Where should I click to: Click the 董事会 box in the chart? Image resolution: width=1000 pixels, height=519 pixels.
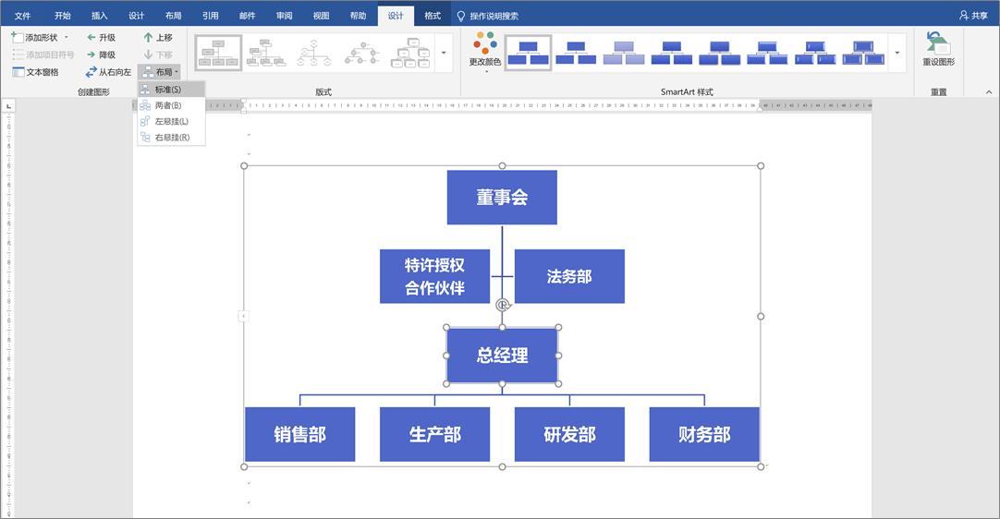(502, 197)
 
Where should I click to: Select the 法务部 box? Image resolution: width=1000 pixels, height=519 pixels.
(569, 276)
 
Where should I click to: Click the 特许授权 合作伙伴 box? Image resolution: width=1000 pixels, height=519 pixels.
(434, 276)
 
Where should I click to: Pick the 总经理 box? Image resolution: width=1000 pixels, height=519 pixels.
(502, 355)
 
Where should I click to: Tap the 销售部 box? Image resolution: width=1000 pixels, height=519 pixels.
(299, 434)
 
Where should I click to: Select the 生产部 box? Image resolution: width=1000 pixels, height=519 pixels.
(434, 434)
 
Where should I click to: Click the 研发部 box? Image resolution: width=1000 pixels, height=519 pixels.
(569, 434)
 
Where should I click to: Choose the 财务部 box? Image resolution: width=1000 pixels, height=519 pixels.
(704, 434)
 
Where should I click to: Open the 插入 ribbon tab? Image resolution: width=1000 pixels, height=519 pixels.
(100, 16)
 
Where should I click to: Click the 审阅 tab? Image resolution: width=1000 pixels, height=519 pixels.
(284, 16)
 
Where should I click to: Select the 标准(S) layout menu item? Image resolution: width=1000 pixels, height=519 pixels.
(167, 90)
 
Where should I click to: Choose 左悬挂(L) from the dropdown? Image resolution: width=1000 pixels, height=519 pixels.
(171, 121)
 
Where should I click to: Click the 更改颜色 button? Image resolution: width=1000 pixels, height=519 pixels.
(485, 51)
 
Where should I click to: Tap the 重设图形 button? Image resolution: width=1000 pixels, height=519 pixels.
(938, 50)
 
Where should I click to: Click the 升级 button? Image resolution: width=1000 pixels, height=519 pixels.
(102, 38)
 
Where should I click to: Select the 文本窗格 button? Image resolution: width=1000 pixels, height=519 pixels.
(36, 72)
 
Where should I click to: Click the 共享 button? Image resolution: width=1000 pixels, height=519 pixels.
(974, 16)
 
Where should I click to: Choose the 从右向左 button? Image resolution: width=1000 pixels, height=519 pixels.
(109, 72)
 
